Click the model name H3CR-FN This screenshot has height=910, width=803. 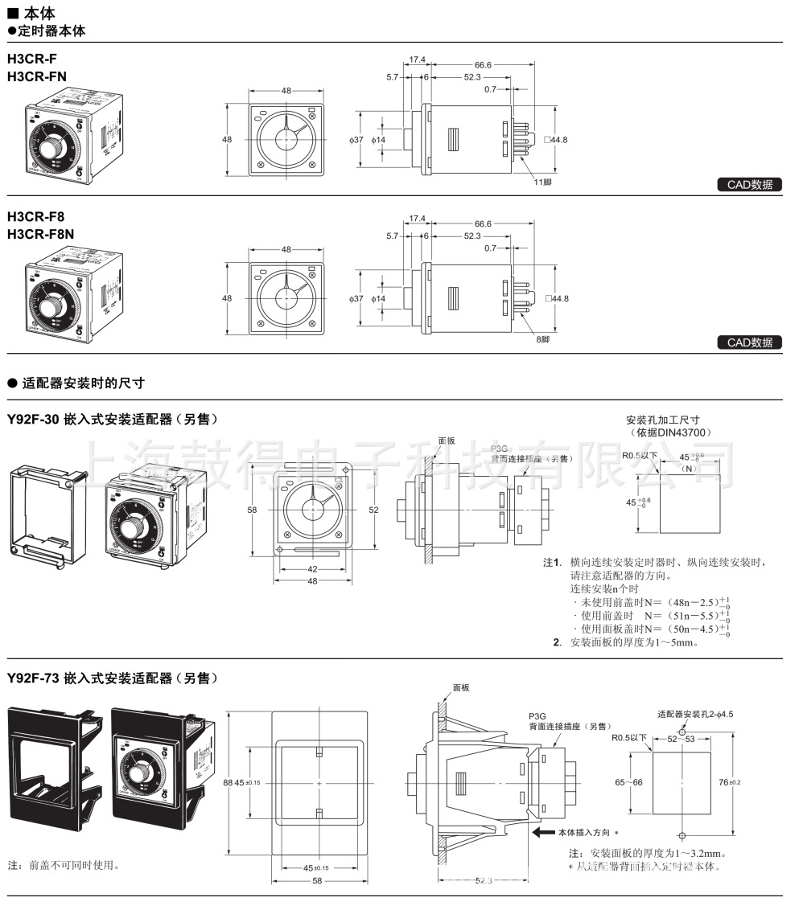click(37, 76)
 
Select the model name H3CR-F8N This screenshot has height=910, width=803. click(40, 234)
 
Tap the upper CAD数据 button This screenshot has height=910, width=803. click(749, 185)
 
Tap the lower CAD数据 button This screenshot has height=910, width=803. click(749, 342)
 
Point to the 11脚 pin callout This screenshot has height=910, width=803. click(544, 182)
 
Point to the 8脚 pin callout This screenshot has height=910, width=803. click(544, 339)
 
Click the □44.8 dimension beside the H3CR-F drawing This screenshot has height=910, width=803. click(554, 140)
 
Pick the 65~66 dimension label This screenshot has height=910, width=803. click(630, 782)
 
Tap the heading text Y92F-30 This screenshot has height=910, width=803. click(33, 420)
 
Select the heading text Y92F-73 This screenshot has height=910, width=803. click(33, 678)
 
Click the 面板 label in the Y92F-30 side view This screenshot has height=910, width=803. click(447, 441)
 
